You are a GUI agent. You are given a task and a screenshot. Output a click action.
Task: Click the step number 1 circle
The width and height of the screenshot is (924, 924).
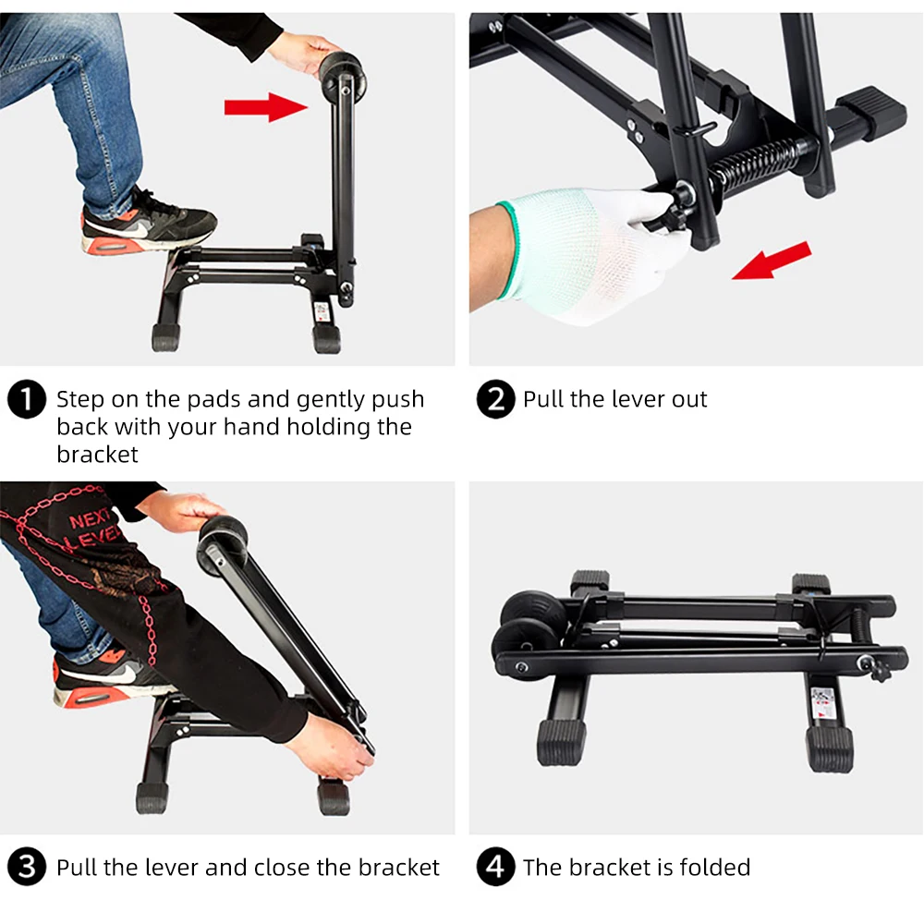pos(27,399)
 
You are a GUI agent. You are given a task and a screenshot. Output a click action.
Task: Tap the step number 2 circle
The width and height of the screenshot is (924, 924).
pos(496,399)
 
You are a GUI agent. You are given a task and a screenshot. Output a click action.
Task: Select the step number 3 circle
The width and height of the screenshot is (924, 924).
pos(27,868)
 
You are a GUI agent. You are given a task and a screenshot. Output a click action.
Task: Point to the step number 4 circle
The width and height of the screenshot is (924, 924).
pos(496,868)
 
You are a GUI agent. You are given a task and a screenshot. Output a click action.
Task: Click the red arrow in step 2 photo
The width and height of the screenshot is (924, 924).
pos(772,260)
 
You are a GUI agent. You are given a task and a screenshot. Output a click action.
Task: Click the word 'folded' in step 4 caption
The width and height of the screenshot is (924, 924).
pos(714,868)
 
